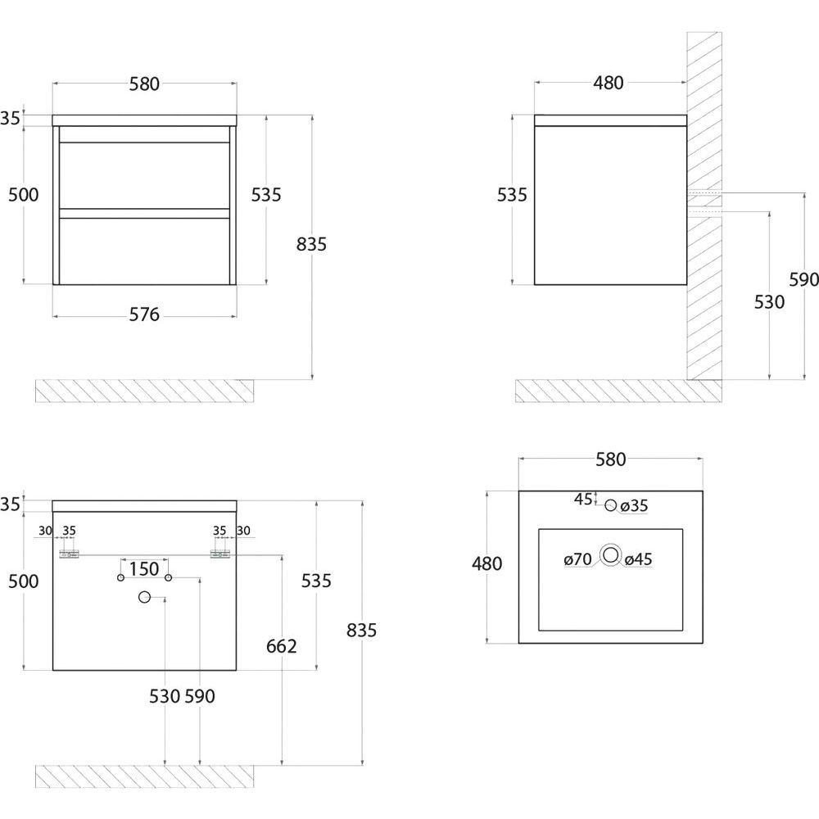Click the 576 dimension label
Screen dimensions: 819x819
[x=144, y=315]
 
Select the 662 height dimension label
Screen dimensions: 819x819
[x=281, y=646]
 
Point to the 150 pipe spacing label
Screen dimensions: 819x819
[x=144, y=568]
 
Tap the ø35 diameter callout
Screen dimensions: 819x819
[x=634, y=506]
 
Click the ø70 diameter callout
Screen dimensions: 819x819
[x=577, y=560]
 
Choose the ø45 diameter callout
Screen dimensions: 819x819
[x=638, y=560]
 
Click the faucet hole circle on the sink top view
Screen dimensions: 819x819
[x=610, y=505]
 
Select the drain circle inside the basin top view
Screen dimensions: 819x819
[x=610, y=555]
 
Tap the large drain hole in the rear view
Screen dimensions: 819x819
[x=145, y=597]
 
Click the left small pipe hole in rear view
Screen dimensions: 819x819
[x=121, y=578]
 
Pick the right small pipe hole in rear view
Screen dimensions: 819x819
[x=168, y=578]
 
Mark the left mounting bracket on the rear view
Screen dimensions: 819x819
[x=69, y=554]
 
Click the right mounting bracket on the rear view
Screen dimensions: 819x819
[x=219, y=554]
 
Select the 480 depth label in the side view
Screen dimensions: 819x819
[x=609, y=83]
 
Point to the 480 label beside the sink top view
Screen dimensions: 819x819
[x=486, y=563]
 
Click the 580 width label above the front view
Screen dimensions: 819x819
[x=144, y=84]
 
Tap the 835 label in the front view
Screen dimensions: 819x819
[x=312, y=244]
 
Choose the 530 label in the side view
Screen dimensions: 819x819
[x=769, y=302]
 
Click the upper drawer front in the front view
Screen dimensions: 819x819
[x=144, y=175]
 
